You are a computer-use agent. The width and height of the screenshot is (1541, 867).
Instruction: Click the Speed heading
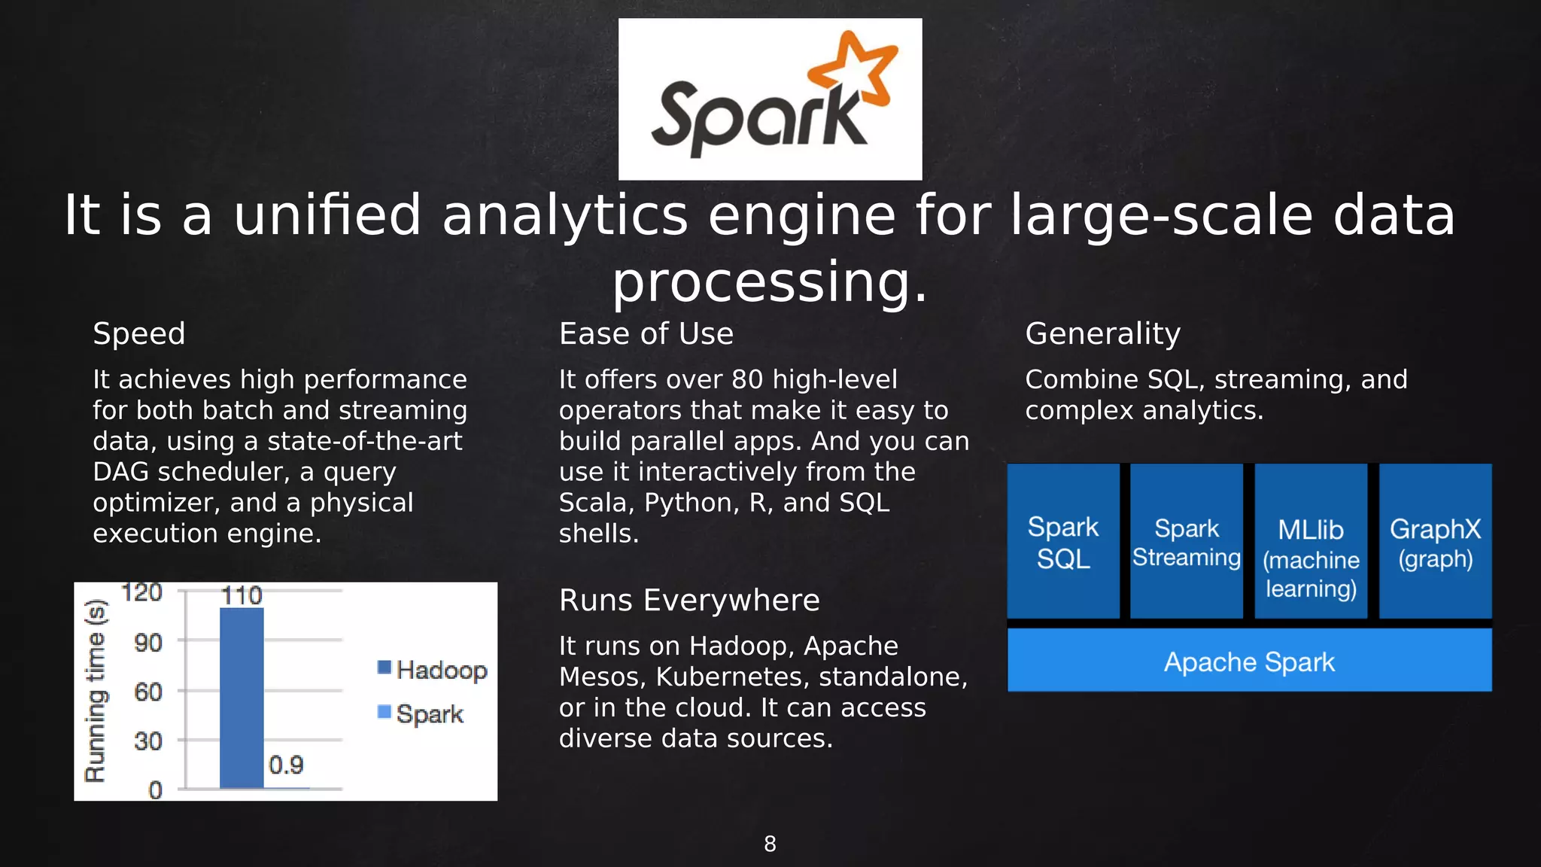139,333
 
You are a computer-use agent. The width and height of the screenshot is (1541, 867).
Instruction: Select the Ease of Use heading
646,333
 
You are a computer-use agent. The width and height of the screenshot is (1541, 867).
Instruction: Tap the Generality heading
1102,333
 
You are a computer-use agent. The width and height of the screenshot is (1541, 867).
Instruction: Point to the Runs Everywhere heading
689,601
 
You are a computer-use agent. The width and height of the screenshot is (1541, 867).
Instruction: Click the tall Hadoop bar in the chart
242,698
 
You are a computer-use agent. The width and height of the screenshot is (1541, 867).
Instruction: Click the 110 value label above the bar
242,596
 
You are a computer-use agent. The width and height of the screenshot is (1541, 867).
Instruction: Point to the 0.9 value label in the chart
286,765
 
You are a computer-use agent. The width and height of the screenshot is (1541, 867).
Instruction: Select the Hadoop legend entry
433,669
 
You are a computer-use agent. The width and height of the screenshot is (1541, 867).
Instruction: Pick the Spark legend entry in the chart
421,713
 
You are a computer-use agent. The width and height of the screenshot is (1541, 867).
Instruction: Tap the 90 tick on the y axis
148,643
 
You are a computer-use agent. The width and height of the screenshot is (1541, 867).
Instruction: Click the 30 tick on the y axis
148,741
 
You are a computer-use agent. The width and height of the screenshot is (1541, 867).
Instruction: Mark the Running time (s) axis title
96,691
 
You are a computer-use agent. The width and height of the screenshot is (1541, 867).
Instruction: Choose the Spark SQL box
1063,542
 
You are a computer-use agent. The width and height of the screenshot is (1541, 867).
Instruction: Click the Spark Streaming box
1187,542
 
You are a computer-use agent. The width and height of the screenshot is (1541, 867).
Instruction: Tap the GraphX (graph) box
1435,542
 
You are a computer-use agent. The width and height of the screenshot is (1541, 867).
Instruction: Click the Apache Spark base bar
1249,662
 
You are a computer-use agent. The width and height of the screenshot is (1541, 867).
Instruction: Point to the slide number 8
770,844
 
